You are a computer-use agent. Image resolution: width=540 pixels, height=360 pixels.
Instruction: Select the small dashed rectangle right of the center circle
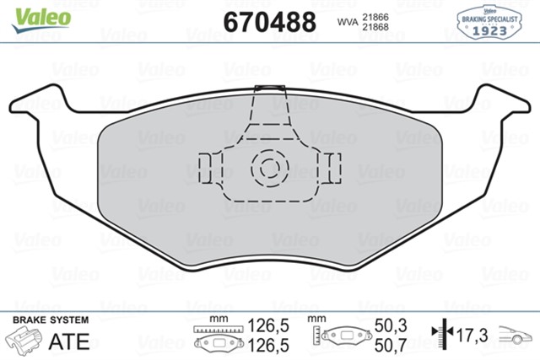point(332,167)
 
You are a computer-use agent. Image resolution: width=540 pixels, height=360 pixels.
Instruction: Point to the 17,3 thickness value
point(472,335)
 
